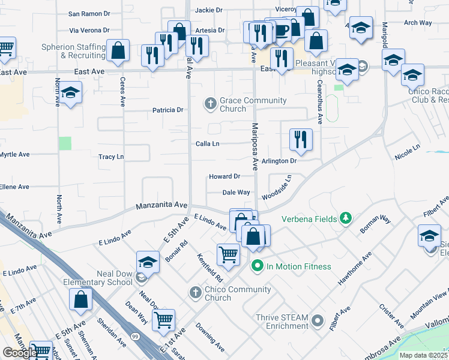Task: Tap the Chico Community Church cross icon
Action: [x=194, y=292]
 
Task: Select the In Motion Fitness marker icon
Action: [x=258, y=265]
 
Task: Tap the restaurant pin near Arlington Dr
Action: [x=301, y=140]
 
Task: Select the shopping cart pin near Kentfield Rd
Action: [x=229, y=255]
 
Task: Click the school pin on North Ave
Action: [x=70, y=93]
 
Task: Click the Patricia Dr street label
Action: [x=167, y=110]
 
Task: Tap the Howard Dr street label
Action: [x=224, y=176]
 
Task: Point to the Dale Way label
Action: [x=236, y=193]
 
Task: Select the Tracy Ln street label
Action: [x=111, y=157]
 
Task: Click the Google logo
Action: [x=20, y=353]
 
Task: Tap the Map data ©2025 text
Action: [x=424, y=355]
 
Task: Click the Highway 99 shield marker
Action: [x=136, y=337]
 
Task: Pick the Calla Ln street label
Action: [x=207, y=144]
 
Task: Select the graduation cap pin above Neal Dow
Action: [x=147, y=262]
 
